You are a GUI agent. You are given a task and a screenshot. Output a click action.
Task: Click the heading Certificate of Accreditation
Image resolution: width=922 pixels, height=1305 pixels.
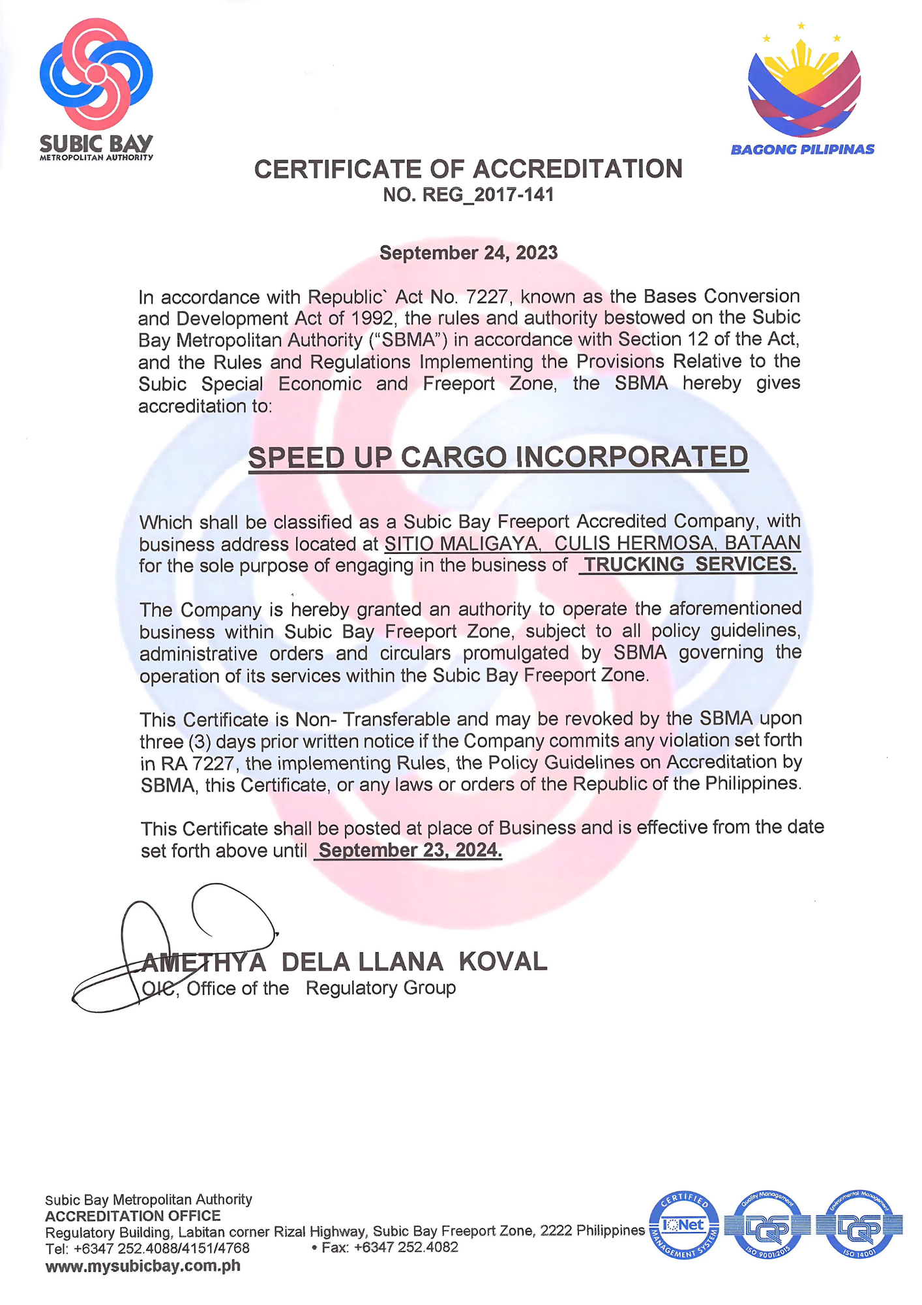click(x=468, y=169)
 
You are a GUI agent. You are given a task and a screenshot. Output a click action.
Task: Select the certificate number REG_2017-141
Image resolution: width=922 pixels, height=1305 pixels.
click(x=468, y=194)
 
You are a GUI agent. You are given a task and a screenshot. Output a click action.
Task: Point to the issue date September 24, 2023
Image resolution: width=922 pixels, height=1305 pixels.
click(x=468, y=253)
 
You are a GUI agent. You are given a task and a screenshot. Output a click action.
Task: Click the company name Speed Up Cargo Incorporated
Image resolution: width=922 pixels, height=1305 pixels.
click(x=498, y=457)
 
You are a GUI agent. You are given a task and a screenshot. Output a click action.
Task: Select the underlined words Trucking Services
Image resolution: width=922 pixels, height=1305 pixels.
click(x=689, y=564)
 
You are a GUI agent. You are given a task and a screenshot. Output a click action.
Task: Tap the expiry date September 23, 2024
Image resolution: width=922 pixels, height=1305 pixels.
click(x=409, y=850)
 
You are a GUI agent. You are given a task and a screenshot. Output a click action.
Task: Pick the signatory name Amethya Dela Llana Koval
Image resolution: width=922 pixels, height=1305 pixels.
click(x=344, y=962)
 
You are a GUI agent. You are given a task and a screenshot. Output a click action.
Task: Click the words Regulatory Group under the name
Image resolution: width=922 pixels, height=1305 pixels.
click(x=381, y=989)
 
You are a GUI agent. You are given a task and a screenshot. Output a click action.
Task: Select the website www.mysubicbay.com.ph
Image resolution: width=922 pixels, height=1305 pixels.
click(x=143, y=1266)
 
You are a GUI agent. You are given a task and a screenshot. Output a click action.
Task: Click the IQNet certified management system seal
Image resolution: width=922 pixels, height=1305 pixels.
click(x=683, y=1225)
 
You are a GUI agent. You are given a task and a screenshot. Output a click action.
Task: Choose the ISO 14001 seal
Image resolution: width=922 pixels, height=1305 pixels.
click(x=861, y=1225)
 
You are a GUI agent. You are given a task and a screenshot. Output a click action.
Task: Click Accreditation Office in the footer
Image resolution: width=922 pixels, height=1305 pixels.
click(x=133, y=1216)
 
